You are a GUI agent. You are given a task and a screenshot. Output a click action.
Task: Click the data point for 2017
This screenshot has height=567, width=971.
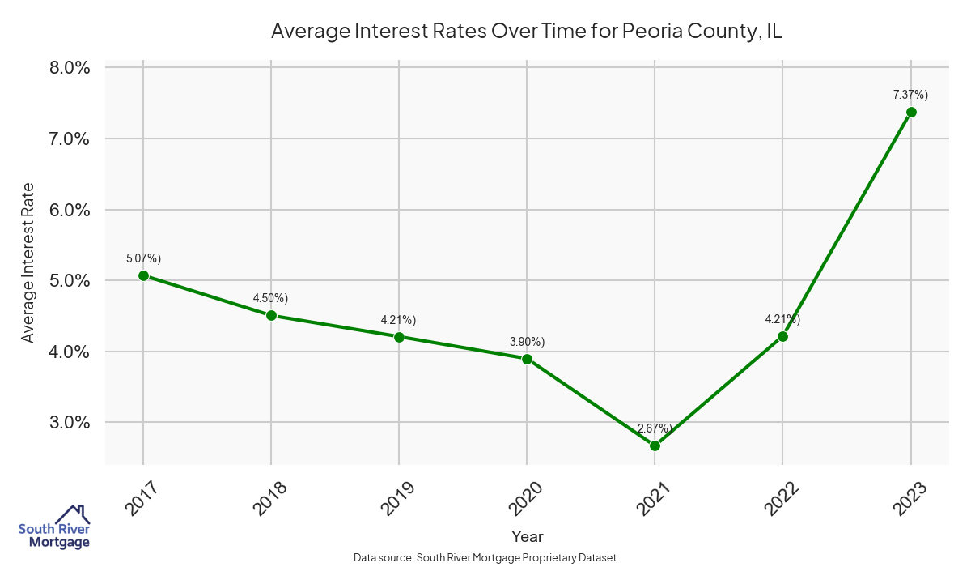143,275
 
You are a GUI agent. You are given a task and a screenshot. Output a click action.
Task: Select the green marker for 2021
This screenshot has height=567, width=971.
655,446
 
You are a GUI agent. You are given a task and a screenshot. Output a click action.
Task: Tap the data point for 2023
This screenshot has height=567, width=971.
911,112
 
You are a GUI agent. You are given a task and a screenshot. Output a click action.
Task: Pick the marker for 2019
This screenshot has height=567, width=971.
399,336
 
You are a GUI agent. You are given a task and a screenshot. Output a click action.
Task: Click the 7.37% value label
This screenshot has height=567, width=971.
910,95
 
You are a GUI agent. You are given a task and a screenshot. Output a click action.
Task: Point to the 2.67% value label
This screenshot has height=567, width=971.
655,428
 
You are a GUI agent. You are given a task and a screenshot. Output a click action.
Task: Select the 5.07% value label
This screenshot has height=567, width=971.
143,258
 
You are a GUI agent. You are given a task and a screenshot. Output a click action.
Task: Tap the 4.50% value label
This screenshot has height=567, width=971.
271,298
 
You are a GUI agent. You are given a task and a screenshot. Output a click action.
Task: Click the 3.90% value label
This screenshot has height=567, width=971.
527,341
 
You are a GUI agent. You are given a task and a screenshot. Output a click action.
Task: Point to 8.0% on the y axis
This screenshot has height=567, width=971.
70,67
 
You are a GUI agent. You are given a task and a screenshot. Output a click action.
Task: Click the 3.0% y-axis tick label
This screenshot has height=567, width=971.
70,422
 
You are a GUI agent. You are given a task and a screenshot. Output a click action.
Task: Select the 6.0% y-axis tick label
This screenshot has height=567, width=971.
70,210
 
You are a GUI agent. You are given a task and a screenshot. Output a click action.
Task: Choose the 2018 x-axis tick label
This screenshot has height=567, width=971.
269,498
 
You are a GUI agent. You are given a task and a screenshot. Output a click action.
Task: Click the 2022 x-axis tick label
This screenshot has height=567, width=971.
781,498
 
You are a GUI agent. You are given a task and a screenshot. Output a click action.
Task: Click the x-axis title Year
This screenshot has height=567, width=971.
528,536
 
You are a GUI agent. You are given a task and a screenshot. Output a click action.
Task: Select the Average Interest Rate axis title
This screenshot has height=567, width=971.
28,262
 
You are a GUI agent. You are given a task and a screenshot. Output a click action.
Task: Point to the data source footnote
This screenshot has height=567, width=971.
485,558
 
